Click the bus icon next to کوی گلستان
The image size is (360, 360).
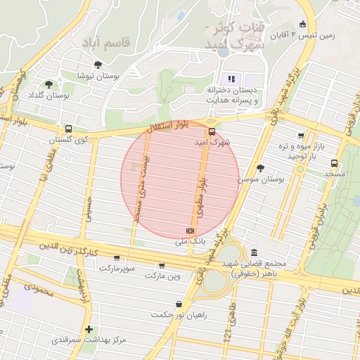point(68,129)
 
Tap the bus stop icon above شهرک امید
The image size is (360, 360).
point(212,131)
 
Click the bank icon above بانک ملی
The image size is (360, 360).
point(190,230)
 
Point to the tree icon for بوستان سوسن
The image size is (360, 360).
point(262,168)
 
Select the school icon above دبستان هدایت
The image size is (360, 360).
point(230,78)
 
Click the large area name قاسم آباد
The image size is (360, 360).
point(107,44)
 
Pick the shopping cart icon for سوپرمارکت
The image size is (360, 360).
point(117,258)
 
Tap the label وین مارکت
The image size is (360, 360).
point(162,275)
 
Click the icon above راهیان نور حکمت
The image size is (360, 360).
point(179,304)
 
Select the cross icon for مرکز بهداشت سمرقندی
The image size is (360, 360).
point(89,329)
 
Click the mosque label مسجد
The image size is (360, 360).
point(335,173)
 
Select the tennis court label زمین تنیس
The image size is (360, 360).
point(314,35)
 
